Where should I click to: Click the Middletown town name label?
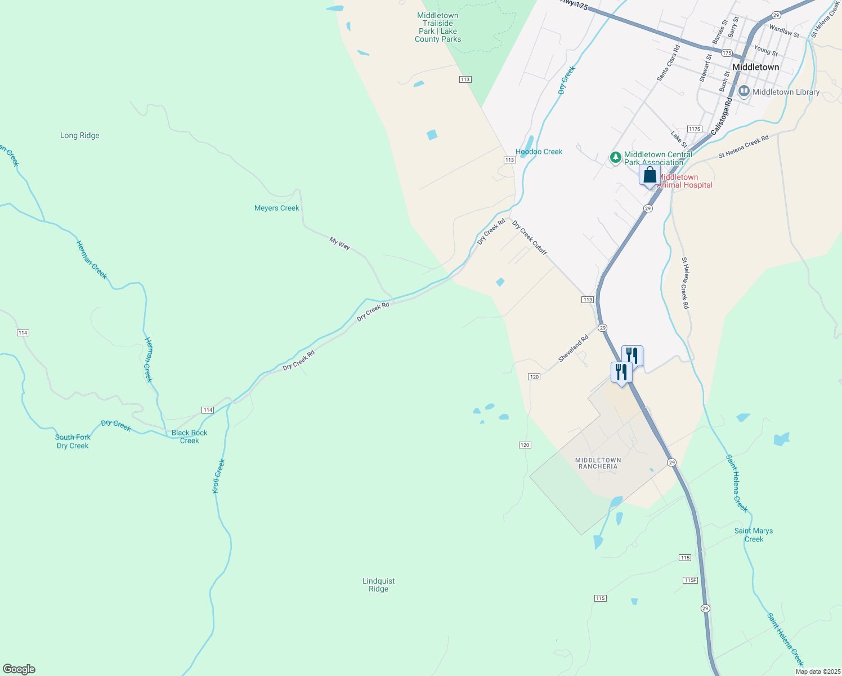point(756,67)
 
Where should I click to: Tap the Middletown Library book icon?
point(744,91)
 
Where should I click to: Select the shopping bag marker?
point(650,175)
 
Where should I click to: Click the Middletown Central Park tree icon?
point(616,158)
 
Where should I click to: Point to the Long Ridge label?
point(80,135)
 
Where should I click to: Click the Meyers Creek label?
point(277,208)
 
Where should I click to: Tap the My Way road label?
point(340,243)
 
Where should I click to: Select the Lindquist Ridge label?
point(378,585)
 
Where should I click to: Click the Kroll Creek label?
point(218,476)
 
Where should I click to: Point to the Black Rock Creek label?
point(190,437)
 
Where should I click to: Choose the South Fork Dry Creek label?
point(73,441)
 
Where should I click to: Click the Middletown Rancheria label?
point(598,463)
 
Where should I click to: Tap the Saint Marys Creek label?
point(754,535)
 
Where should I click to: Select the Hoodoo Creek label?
point(539,152)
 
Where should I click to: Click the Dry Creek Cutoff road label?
point(529,237)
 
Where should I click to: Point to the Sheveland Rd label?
point(573,348)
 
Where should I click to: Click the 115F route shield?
point(690,580)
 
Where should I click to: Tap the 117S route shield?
point(695,129)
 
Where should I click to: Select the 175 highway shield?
point(726,53)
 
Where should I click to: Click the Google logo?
point(19,669)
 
